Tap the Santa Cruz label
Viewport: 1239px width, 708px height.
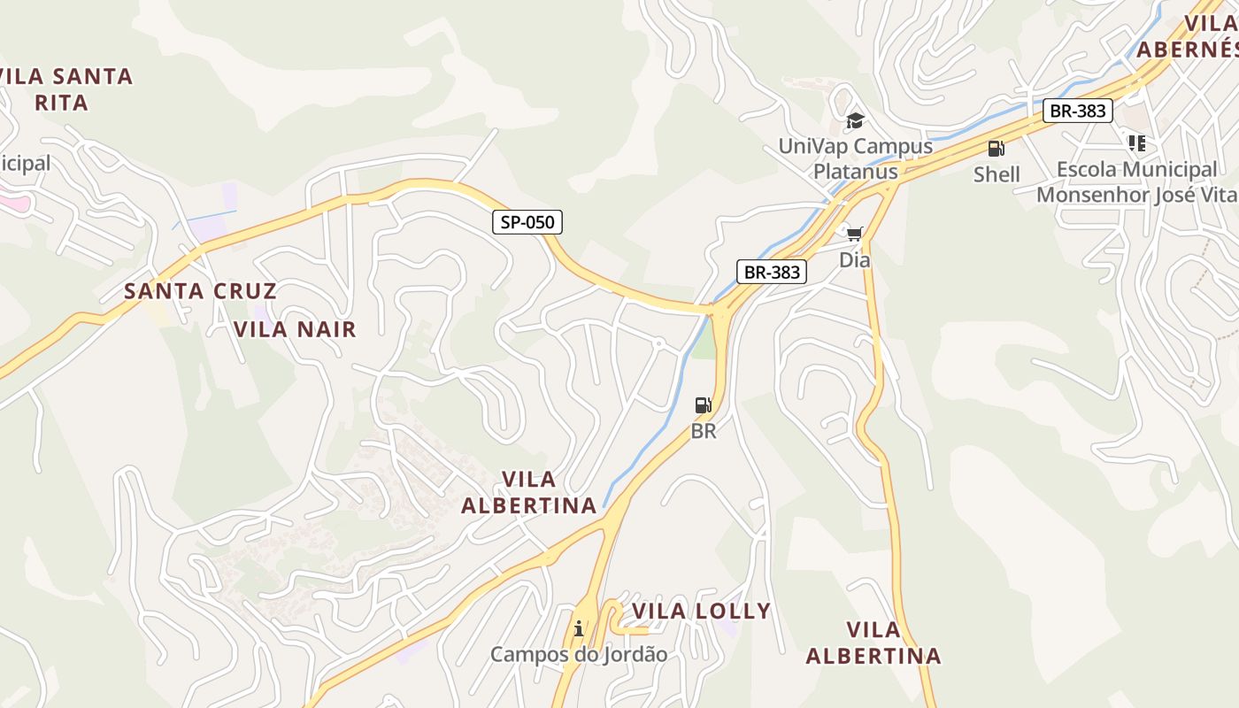pyautogui.click(x=200, y=290)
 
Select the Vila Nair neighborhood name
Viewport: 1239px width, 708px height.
pyautogui.click(x=295, y=329)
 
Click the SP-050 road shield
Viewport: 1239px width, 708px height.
pyautogui.click(x=527, y=222)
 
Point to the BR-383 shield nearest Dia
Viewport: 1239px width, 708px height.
pyautogui.click(x=772, y=272)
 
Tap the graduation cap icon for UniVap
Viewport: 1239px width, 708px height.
pyautogui.click(x=855, y=120)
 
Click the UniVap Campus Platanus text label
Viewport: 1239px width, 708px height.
pyautogui.click(x=855, y=158)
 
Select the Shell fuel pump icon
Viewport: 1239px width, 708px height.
pyautogui.click(x=997, y=149)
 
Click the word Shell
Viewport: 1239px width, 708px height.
pyautogui.click(x=997, y=174)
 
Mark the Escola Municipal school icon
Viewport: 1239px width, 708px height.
pyautogui.click(x=1137, y=142)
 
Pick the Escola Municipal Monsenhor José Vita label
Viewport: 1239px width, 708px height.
pyautogui.click(x=1137, y=181)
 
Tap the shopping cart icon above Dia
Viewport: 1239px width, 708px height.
pyautogui.click(x=854, y=234)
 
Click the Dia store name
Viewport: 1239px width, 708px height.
pyautogui.click(x=854, y=260)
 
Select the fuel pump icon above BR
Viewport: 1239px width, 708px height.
pyautogui.click(x=703, y=405)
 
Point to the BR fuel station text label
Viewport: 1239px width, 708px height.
pyautogui.click(x=703, y=432)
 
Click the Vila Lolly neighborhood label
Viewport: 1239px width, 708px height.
pyautogui.click(x=701, y=611)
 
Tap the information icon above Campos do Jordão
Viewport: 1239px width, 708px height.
pyautogui.click(x=579, y=628)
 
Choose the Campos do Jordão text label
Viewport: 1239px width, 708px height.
pyautogui.click(x=579, y=655)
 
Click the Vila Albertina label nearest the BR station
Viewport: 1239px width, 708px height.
pyautogui.click(x=529, y=492)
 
